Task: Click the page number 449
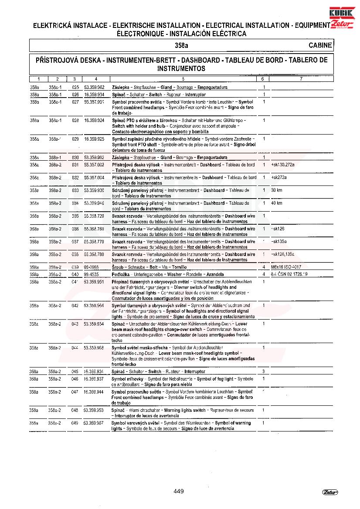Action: (x=178, y=491)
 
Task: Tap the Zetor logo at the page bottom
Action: (x=330, y=492)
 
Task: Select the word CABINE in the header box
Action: (x=320, y=45)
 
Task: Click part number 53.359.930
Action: (x=94, y=190)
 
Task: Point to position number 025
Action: (x=75, y=88)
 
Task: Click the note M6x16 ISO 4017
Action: (x=285, y=267)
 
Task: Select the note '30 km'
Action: (x=276, y=190)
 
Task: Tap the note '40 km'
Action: (x=276, y=203)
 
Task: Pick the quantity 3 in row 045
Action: (x=264, y=372)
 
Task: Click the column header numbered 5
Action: (x=183, y=79)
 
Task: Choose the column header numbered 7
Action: (x=301, y=79)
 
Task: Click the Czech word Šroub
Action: (x=118, y=267)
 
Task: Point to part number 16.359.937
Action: (x=94, y=379)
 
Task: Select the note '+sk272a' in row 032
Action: (x=278, y=178)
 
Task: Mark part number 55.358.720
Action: (x=94, y=216)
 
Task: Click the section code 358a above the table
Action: (x=181, y=45)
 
